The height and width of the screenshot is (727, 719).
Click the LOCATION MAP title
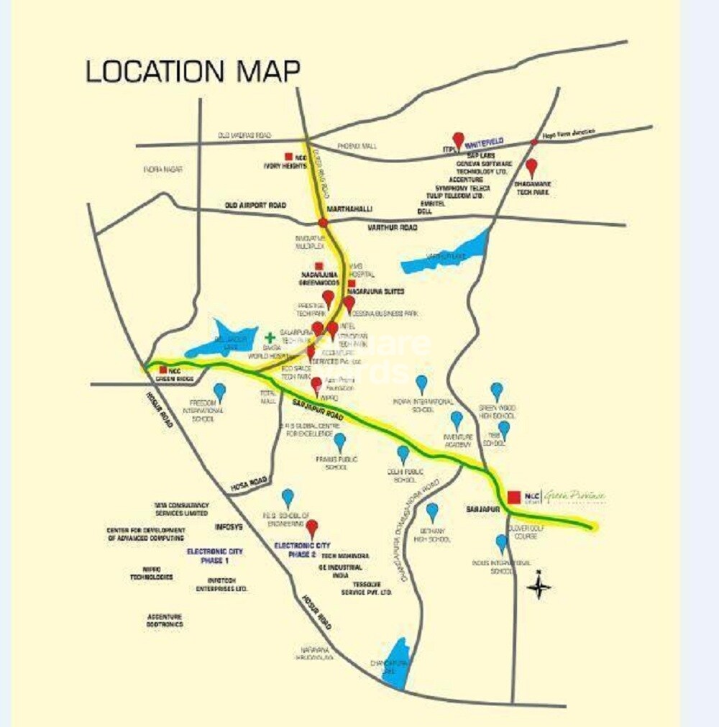[x=193, y=71]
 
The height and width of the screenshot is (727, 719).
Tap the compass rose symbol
[x=539, y=587]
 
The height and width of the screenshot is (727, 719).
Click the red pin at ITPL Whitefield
[x=458, y=140]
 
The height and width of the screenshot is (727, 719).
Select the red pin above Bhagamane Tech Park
[x=531, y=168]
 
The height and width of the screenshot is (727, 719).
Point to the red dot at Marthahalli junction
[x=324, y=223]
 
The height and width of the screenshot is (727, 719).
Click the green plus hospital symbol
[x=270, y=337]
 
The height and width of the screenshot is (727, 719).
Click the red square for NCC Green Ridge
[x=163, y=370]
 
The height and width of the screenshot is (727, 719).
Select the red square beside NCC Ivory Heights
[x=288, y=156]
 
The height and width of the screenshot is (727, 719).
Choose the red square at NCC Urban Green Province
[x=514, y=497]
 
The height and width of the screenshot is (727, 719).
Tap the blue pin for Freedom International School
[x=219, y=391]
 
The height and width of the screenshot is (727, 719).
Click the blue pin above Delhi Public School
[x=403, y=454]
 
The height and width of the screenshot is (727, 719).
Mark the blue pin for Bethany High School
[x=431, y=511]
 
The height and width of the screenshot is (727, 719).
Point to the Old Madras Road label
[x=245, y=135]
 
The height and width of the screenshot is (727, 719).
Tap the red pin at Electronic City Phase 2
[x=311, y=529]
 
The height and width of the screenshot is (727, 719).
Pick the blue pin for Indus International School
[x=501, y=542]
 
